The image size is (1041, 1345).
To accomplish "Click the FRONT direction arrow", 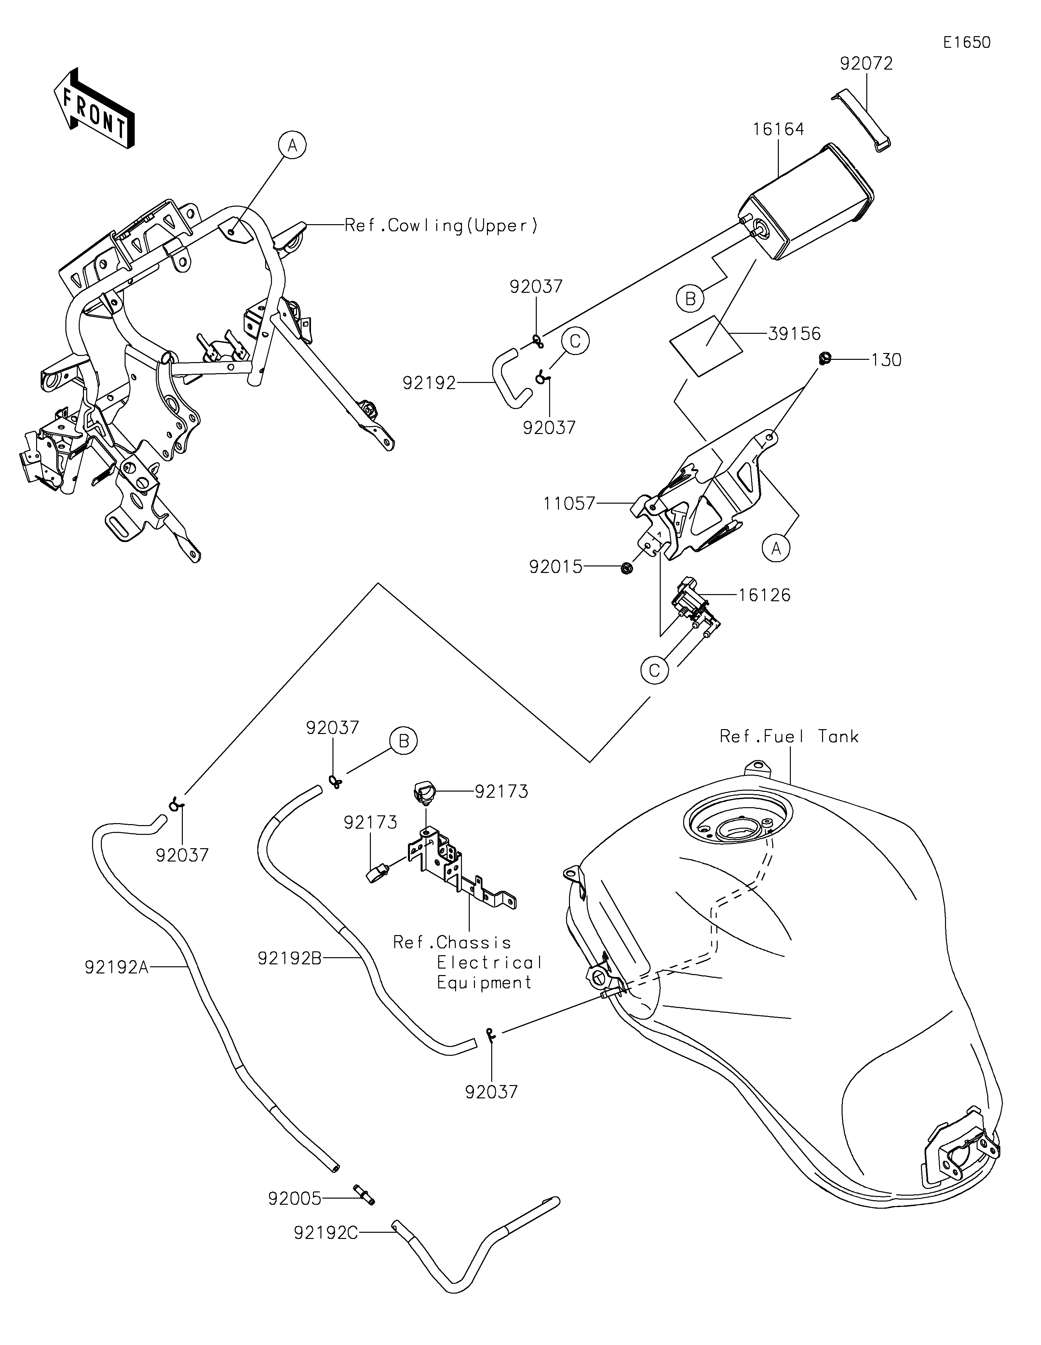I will coord(94,108).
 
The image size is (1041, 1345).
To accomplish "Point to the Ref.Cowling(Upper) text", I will coord(441,226).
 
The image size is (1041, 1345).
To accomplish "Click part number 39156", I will coord(794,334).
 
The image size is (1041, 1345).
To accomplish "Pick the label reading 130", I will coord(886,360).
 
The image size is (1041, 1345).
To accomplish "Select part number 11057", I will coord(569,504).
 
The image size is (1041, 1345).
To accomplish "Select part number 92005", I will coord(295,1199).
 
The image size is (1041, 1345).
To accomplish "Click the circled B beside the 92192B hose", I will coord(404,741).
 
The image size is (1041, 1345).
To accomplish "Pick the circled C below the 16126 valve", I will coord(655,670).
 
